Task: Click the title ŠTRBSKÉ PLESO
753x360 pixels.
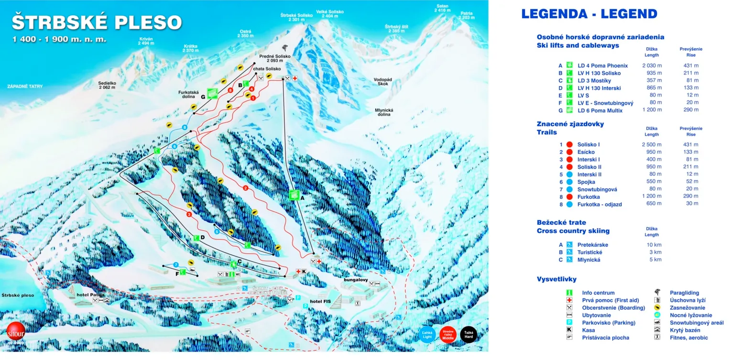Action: point(97,22)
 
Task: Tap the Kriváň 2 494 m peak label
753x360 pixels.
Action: point(146,41)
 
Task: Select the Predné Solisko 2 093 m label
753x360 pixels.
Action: point(275,58)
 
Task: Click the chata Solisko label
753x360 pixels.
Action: point(267,69)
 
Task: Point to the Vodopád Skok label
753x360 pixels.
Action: point(382,82)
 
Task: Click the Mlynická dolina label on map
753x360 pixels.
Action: point(384,112)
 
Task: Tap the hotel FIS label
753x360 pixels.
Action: point(320,302)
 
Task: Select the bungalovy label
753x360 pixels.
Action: point(356,280)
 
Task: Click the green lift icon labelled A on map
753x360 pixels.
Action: point(295,195)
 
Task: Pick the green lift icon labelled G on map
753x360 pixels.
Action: point(212,94)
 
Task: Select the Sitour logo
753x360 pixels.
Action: point(15,334)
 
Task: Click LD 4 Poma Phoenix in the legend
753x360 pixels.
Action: point(602,65)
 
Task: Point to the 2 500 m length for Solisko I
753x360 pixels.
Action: point(652,144)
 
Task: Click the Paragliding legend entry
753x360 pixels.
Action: point(684,293)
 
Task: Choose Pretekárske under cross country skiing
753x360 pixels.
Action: point(592,245)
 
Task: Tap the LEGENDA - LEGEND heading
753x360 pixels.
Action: point(589,14)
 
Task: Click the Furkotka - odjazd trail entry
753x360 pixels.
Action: point(600,205)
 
